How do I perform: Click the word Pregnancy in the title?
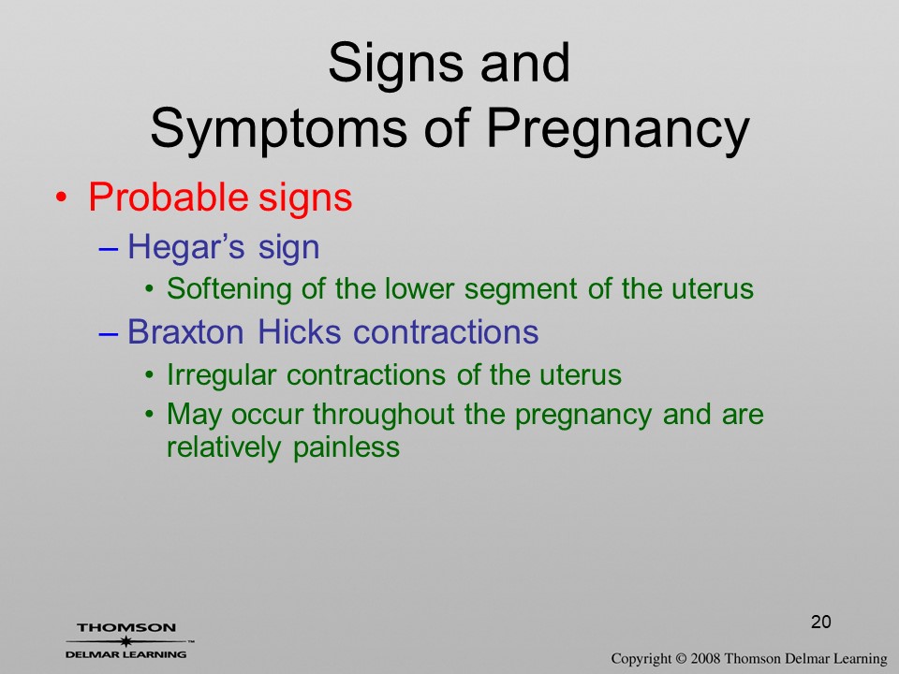pyautogui.click(x=618, y=129)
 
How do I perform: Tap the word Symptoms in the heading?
pyautogui.click(x=279, y=129)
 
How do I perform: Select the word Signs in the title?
pyautogui.click(x=395, y=66)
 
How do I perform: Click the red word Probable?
pyautogui.click(x=168, y=197)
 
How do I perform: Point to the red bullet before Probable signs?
pyautogui.click(x=62, y=198)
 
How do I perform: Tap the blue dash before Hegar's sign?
pyautogui.click(x=109, y=250)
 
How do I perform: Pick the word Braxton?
pyautogui.click(x=185, y=331)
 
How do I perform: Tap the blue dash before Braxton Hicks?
pyautogui.click(x=109, y=335)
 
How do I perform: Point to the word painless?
pyautogui.click(x=346, y=447)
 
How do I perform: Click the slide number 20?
pyautogui.click(x=821, y=622)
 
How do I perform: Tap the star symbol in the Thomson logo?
pyautogui.click(x=125, y=641)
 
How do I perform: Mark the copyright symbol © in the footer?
pyautogui.click(x=681, y=659)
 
